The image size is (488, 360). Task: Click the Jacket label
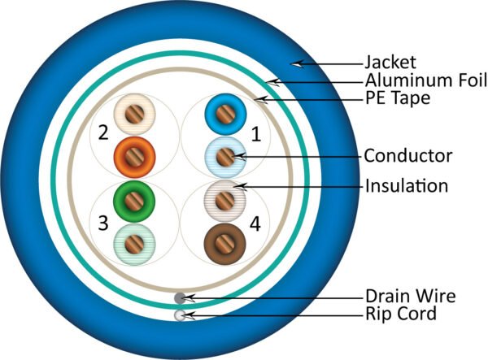pyautogui.click(x=390, y=63)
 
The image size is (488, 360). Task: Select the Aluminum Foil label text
pyautogui.click(x=426, y=80)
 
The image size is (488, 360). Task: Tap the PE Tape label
pyautogui.click(x=398, y=98)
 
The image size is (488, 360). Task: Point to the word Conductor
pyautogui.click(x=408, y=155)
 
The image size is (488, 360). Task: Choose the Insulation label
pyautogui.click(x=407, y=185)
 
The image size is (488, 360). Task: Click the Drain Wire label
pyautogui.click(x=411, y=296)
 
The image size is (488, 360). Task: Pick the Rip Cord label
pyautogui.click(x=401, y=314)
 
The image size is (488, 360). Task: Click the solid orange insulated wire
pyautogui.click(x=134, y=157)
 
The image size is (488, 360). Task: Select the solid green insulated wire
pyautogui.click(x=134, y=202)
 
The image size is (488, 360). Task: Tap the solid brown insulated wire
pyautogui.click(x=225, y=245)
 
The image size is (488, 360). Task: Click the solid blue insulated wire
pyautogui.click(x=225, y=114)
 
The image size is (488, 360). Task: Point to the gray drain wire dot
pyautogui.click(x=180, y=298)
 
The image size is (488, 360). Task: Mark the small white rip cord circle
pyautogui.click(x=180, y=315)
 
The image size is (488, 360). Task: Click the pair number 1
pyautogui.click(x=256, y=135)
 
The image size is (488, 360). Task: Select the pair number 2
pyautogui.click(x=103, y=132)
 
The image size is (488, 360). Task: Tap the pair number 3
pyautogui.click(x=103, y=223)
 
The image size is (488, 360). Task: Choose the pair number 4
pyautogui.click(x=255, y=223)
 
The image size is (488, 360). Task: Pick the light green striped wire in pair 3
pyautogui.click(x=134, y=245)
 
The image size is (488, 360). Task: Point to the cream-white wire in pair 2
pyautogui.click(x=134, y=114)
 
